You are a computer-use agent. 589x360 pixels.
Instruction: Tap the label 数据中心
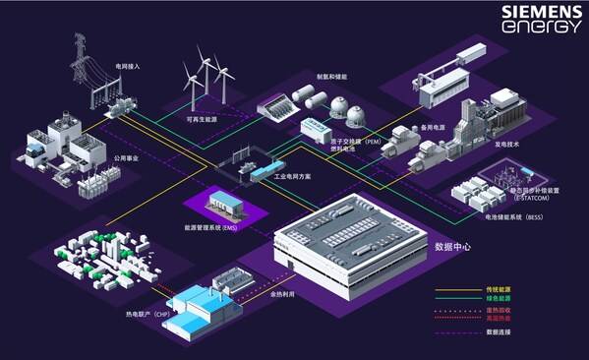tap(452, 246)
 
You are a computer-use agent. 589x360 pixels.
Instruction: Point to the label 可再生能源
tap(204, 119)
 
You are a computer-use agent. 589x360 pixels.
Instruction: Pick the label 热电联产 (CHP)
tap(133, 314)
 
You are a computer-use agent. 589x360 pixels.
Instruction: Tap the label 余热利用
tap(281, 292)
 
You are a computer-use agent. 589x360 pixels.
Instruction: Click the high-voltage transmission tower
tap(80, 64)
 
